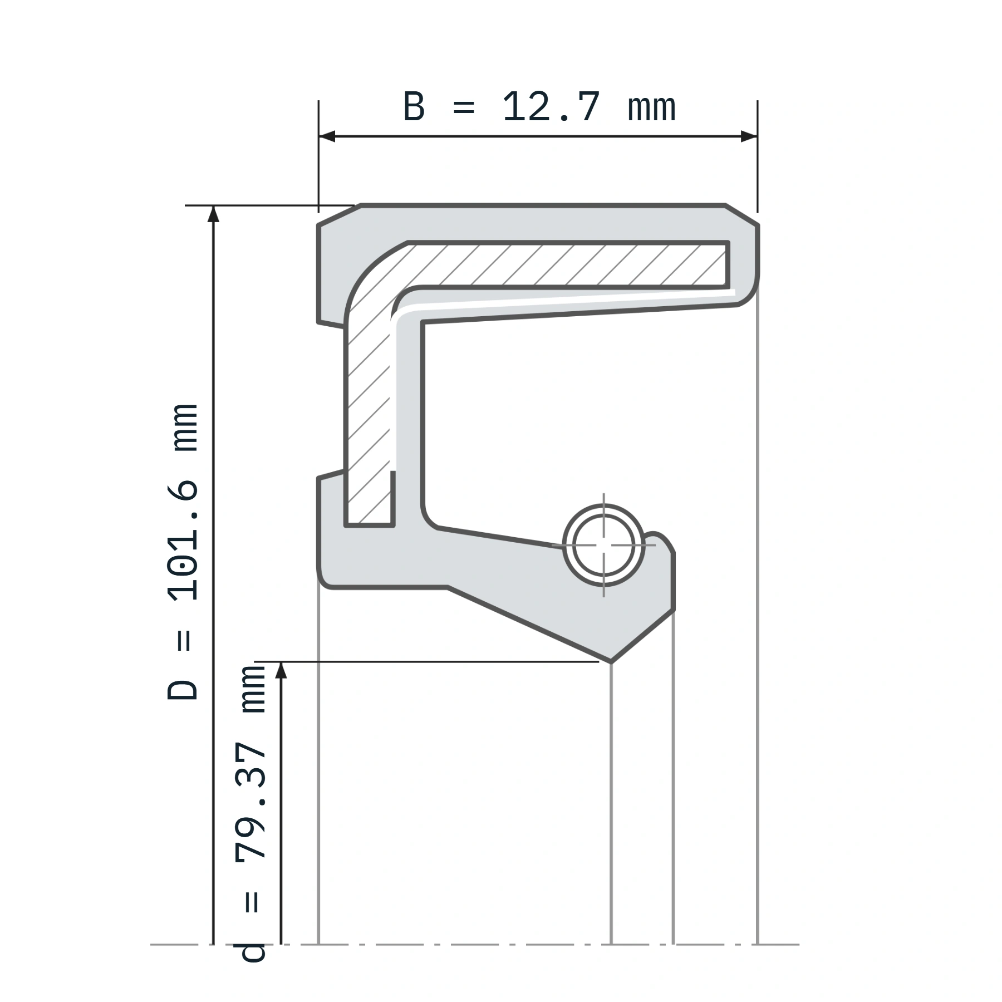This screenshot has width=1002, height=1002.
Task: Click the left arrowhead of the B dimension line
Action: click(x=327, y=136)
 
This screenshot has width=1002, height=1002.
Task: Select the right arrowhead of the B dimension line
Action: click(x=749, y=136)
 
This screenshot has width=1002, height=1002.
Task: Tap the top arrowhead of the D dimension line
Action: click(x=213, y=214)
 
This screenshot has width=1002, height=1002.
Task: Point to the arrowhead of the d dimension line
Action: click(x=281, y=670)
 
